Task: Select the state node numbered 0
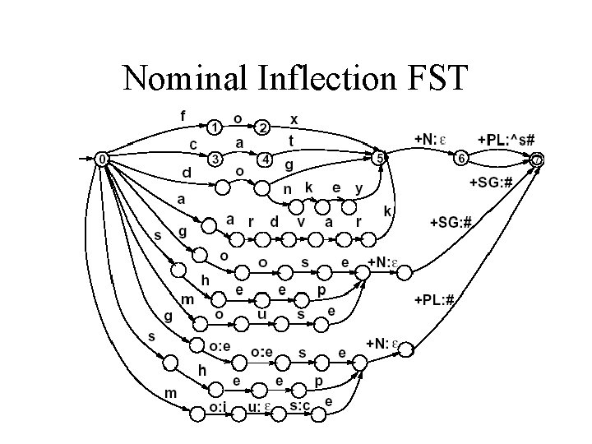(x=101, y=158)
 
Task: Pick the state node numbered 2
(x=263, y=127)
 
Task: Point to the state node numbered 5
(x=379, y=157)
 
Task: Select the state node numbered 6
(x=462, y=158)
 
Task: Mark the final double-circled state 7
(x=537, y=159)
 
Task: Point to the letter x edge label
(x=294, y=119)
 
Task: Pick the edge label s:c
(x=299, y=405)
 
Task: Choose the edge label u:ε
(x=261, y=405)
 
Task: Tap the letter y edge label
(x=358, y=188)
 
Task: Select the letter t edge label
(x=291, y=141)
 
